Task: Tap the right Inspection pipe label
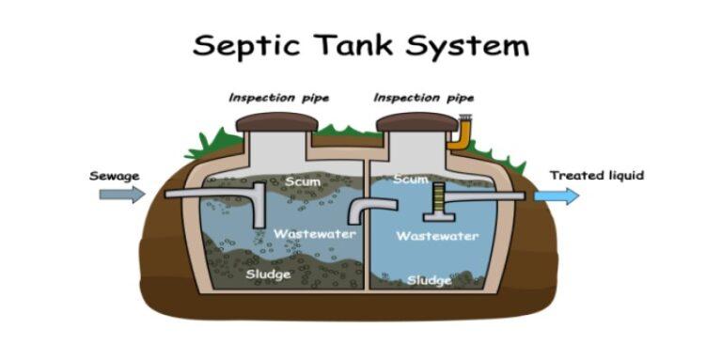tap(424, 98)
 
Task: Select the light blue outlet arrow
tap(557, 196)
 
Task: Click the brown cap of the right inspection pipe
tap(416, 122)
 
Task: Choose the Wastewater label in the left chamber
tap(314, 232)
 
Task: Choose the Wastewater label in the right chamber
tap(437, 236)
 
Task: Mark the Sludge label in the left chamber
tap(267, 274)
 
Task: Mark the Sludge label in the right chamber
tap(429, 279)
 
